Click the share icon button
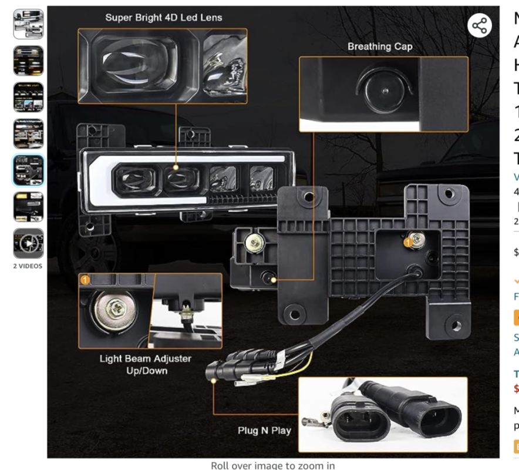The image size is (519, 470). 480,26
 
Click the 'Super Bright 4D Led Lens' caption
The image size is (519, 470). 163,17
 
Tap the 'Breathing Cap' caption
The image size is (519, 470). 380,46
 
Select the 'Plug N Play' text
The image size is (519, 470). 264,431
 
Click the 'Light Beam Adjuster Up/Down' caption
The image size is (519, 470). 145,364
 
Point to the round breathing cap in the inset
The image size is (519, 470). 382,92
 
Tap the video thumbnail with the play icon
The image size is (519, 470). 28,243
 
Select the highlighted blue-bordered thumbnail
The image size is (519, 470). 28,170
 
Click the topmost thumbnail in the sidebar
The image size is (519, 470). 28,24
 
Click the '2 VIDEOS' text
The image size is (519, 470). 28,266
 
